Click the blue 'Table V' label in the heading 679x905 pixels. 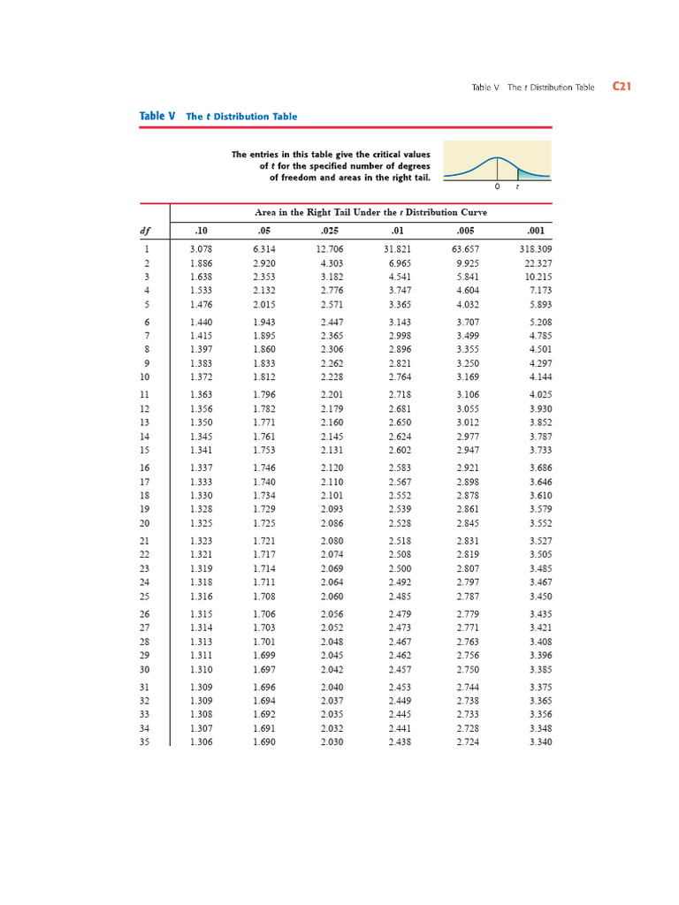(157, 116)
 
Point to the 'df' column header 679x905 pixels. (145, 231)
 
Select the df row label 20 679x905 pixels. (145, 523)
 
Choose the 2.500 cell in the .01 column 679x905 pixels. (400, 568)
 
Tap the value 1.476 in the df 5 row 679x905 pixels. (201, 305)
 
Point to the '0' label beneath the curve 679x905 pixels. (497, 187)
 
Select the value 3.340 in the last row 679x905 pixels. (539, 741)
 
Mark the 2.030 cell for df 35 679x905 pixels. (332, 741)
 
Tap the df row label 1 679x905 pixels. (146, 249)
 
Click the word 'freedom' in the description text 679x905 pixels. (302, 177)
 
